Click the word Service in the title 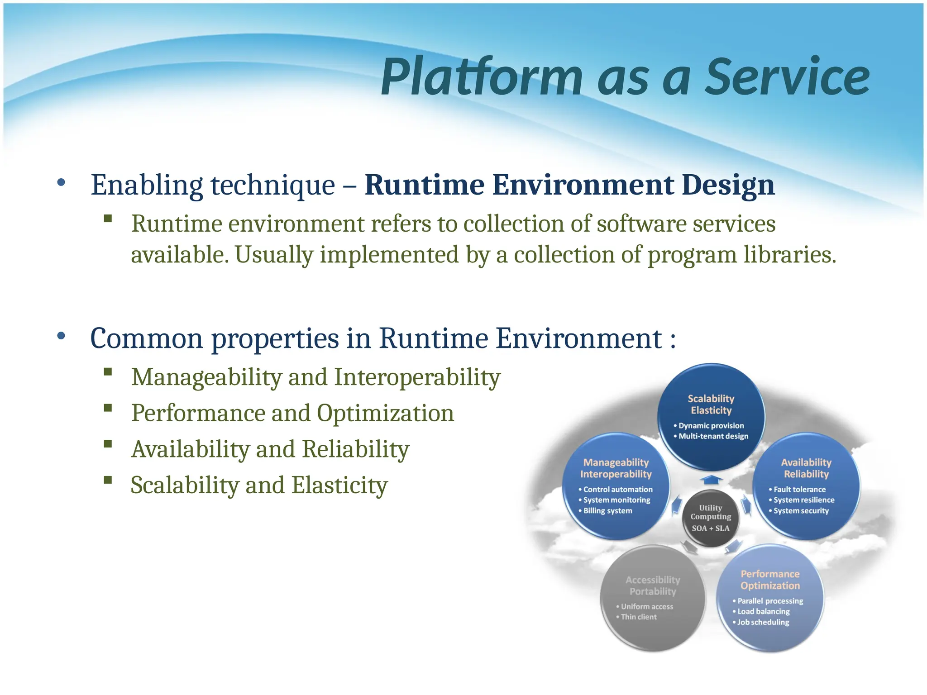[x=788, y=77]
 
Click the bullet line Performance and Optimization [x=292, y=413]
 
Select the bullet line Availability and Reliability [x=270, y=449]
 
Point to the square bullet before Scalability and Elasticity [x=108, y=480]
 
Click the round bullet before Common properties [x=61, y=336]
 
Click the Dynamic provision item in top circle [x=711, y=426]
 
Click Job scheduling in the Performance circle [x=763, y=622]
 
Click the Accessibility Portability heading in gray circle [x=653, y=586]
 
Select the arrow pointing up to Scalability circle [x=711, y=480]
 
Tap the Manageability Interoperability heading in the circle [x=616, y=468]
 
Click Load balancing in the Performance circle [x=764, y=612]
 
